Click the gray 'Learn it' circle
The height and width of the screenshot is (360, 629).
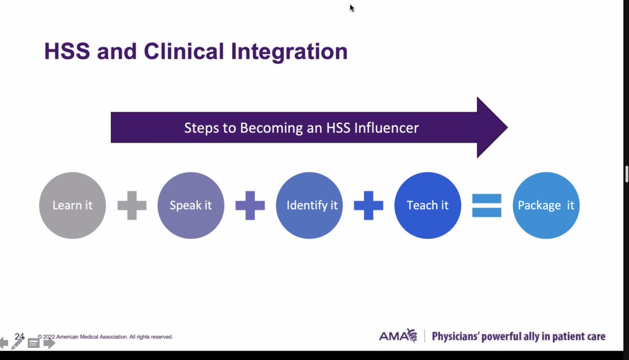pos(72,205)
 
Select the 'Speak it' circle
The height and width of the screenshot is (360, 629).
pos(191,205)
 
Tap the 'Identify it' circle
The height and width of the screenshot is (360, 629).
pos(309,205)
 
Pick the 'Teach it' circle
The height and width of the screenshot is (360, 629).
pos(428,205)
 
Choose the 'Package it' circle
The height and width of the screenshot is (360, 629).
pos(546,205)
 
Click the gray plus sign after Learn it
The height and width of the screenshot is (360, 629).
pos(132,205)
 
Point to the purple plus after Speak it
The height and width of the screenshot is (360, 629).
pos(250,205)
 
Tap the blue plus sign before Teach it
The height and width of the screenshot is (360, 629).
pos(368,205)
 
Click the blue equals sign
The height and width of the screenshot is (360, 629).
pos(487,205)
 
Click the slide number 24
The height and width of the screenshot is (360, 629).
pos(20,336)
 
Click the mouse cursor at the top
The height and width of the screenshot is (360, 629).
pos(352,8)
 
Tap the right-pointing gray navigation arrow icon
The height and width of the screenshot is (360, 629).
pos(49,344)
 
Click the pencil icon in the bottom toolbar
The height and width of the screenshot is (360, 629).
pos(18,344)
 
